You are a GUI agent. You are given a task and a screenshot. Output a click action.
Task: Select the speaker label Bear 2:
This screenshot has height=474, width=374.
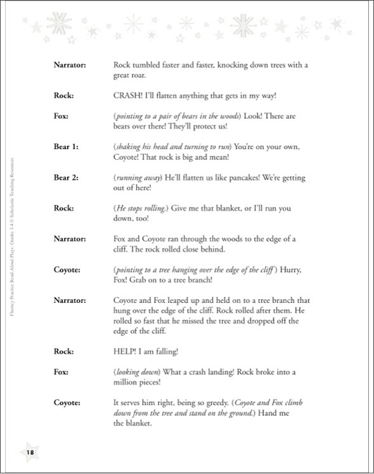[66, 177]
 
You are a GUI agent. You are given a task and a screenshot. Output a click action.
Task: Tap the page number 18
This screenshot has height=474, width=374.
[30, 452]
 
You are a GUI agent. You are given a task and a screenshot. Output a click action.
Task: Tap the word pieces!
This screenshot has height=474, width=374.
[159, 382]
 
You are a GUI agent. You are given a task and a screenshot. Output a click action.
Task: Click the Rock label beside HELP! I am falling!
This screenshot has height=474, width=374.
[64, 351]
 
